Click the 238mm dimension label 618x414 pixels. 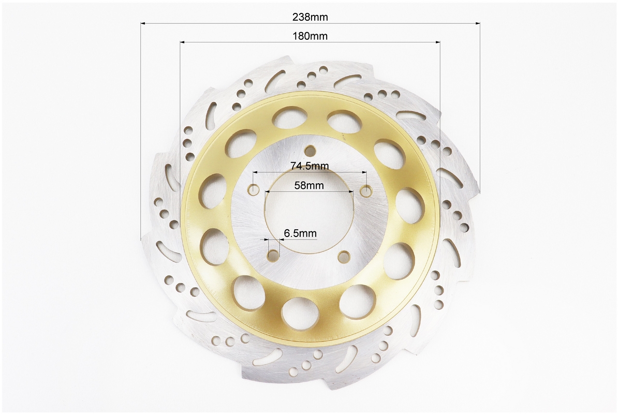click(310, 17)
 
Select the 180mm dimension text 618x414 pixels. click(310, 36)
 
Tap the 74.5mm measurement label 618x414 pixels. click(310, 166)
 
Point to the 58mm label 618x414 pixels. click(309, 185)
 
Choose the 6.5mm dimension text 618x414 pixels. click(300, 233)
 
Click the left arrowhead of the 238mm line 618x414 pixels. click(143, 24)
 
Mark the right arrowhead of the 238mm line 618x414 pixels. click(477, 24)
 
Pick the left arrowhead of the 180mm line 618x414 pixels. click(183, 42)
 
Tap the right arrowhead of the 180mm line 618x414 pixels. click(437, 42)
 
